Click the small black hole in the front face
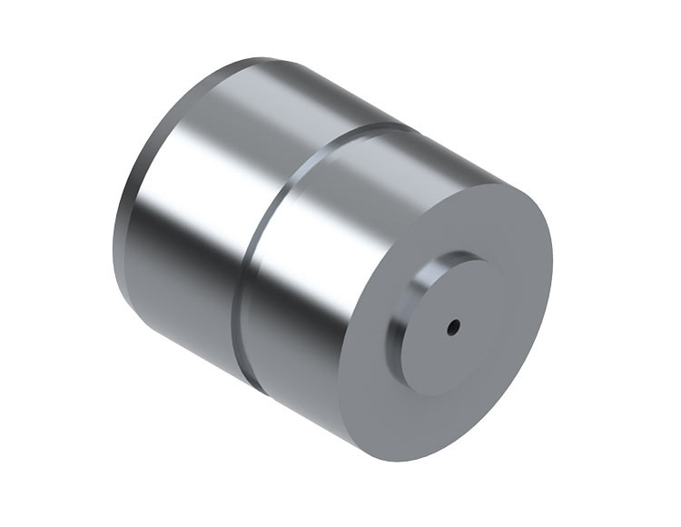coord(454,325)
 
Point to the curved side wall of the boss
coord(407,313)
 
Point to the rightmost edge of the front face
coord(552,273)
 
